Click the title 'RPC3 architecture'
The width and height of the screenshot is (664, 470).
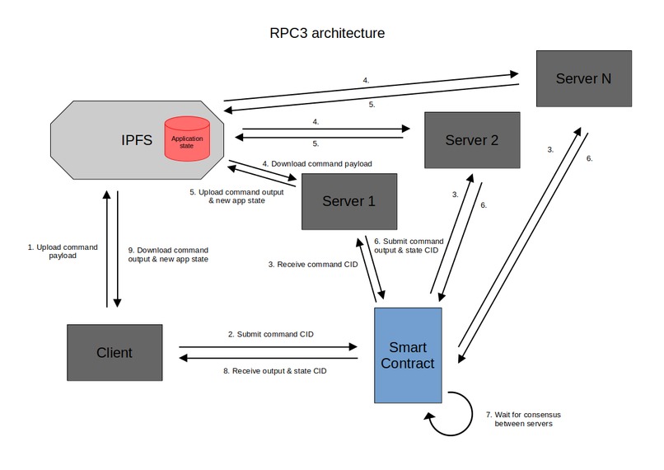click(327, 34)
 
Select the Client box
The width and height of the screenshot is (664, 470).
click(114, 353)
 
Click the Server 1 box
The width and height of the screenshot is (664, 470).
click(348, 202)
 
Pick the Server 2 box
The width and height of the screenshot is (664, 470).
click(472, 139)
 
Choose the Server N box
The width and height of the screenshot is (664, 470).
click(583, 78)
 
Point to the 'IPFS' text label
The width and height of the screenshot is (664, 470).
click(137, 139)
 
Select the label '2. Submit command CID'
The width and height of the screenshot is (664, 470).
click(270, 334)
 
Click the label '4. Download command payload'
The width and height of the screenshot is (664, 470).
click(317, 163)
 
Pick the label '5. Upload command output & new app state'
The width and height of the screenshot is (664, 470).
click(237, 195)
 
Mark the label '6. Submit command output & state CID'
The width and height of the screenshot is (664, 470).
click(409, 245)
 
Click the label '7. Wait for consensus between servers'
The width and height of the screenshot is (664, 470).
click(523, 419)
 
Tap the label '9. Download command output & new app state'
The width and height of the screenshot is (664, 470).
click(168, 254)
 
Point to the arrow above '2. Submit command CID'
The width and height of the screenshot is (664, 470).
click(269, 346)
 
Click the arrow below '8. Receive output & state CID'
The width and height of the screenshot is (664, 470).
click(269, 359)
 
